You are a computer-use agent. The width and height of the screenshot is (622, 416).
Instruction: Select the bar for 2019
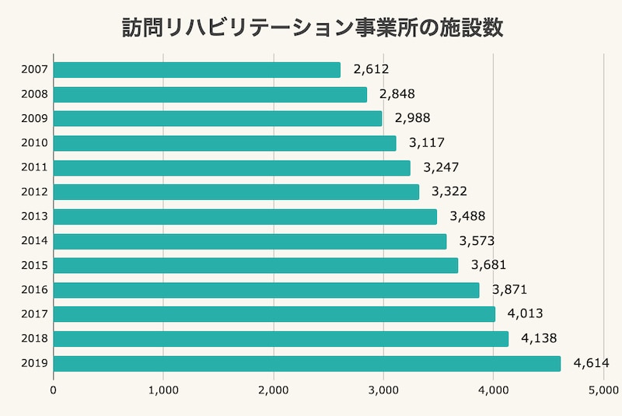click(306, 363)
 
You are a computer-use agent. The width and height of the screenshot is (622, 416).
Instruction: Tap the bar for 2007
click(197, 70)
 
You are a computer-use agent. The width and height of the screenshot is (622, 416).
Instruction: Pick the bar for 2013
click(245, 216)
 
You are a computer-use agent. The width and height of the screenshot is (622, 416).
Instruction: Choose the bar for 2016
click(266, 290)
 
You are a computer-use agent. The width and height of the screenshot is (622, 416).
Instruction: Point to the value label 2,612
click(370, 70)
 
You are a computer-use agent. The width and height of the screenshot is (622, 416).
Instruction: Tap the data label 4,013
click(525, 314)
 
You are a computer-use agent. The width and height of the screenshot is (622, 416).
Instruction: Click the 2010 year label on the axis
click(35, 143)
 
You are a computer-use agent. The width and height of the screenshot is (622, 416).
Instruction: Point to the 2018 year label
click(35, 339)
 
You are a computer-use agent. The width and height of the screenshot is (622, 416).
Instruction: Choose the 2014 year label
click(35, 241)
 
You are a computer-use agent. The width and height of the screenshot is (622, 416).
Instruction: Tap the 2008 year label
click(35, 94)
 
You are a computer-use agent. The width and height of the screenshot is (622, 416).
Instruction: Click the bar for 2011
click(232, 168)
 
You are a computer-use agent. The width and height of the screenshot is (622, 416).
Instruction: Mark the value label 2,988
click(412, 119)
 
